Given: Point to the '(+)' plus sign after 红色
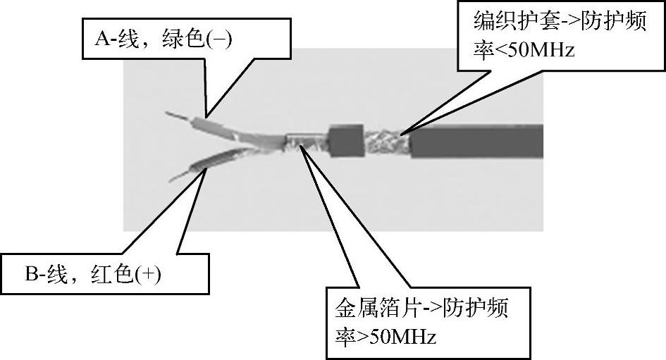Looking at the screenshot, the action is coord(149,273).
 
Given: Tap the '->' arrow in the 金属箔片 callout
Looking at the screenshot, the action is coord(432,308).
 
